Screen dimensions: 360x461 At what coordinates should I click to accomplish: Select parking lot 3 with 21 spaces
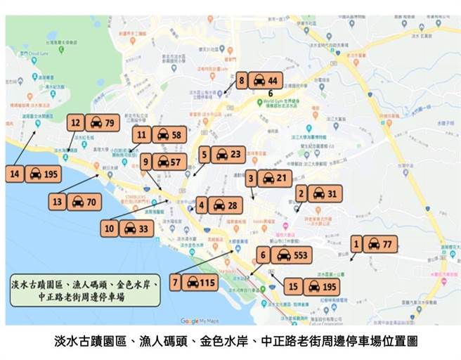tap(268, 179)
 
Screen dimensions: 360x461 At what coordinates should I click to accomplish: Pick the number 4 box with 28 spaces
tap(219, 205)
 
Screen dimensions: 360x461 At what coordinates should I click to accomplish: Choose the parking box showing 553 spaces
tap(284, 255)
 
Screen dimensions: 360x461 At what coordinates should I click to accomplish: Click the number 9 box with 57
tap(162, 162)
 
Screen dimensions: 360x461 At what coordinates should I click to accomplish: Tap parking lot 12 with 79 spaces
tap(94, 123)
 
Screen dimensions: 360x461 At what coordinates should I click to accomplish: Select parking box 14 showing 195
tap(34, 173)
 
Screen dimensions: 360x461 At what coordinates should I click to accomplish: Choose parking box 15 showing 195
tap(313, 286)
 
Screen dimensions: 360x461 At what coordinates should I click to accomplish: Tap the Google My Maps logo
tap(199, 321)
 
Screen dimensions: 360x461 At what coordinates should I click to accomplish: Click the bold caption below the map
tap(230, 342)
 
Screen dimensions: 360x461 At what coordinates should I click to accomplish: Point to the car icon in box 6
tap(283, 255)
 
